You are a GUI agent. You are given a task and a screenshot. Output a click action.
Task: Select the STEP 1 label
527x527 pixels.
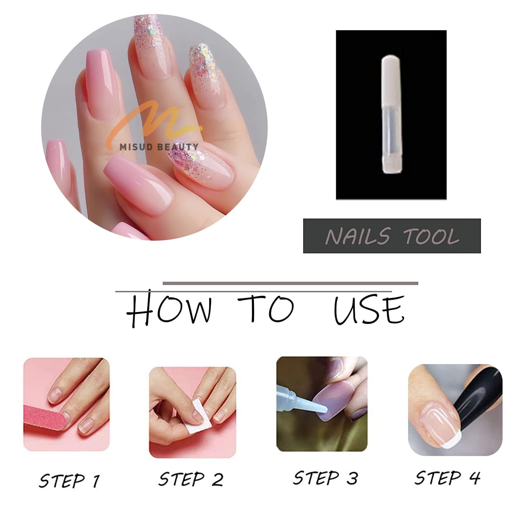[69, 480]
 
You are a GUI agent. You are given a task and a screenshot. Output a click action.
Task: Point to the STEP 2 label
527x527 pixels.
[191, 479]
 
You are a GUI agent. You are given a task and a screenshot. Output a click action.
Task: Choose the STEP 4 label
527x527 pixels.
[447, 477]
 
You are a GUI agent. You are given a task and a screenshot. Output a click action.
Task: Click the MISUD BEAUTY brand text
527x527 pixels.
[159, 147]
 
